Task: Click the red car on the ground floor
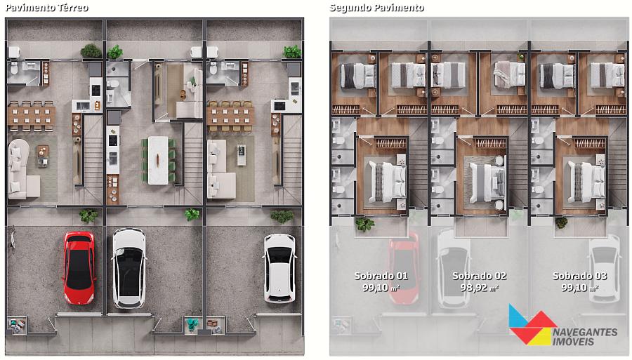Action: tap(79, 268)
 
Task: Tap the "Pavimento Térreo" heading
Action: tap(47, 8)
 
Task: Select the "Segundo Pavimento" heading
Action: tap(376, 8)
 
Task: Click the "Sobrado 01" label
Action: tap(381, 276)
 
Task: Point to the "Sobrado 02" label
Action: tap(479, 276)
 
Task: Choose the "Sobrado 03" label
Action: tap(579, 276)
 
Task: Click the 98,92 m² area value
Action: tap(479, 288)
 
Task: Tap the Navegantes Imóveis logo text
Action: tap(584, 337)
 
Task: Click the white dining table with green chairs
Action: tap(159, 160)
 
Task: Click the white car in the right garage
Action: tap(279, 268)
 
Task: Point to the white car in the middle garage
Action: tap(129, 268)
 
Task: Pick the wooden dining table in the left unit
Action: tap(32, 116)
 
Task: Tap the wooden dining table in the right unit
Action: tap(230, 116)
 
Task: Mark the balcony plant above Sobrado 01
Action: tap(364, 223)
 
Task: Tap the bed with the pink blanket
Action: tap(510, 75)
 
